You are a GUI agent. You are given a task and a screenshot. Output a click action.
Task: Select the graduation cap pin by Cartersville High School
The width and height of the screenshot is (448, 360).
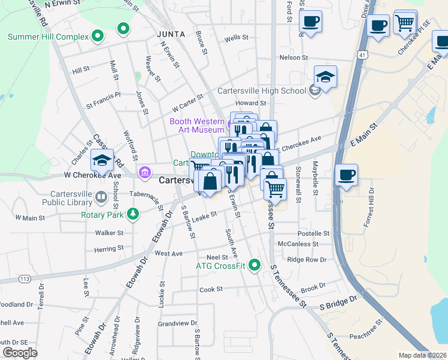[x=325, y=77]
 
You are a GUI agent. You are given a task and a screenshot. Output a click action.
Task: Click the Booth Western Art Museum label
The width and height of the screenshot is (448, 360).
[x=196, y=125]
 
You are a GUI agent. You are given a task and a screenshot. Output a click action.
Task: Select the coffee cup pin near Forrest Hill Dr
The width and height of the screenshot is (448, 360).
[x=346, y=176]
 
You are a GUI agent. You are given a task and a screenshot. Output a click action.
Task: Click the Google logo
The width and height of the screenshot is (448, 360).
[x=20, y=353]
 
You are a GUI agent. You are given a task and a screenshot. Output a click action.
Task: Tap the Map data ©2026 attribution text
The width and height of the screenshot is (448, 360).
[x=422, y=355]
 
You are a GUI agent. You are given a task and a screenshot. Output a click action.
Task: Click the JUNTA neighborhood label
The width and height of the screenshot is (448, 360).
[x=171, y=34]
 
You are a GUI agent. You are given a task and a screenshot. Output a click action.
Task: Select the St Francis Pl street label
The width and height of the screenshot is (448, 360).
[x=103, y=95]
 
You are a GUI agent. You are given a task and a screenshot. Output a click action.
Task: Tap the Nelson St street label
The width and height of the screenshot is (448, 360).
[x=293, y=58]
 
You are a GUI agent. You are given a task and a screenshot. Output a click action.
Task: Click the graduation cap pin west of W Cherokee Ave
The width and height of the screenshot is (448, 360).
[x=102, y=160]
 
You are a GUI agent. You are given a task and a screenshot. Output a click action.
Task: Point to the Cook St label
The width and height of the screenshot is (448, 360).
[x=211, y=289]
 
